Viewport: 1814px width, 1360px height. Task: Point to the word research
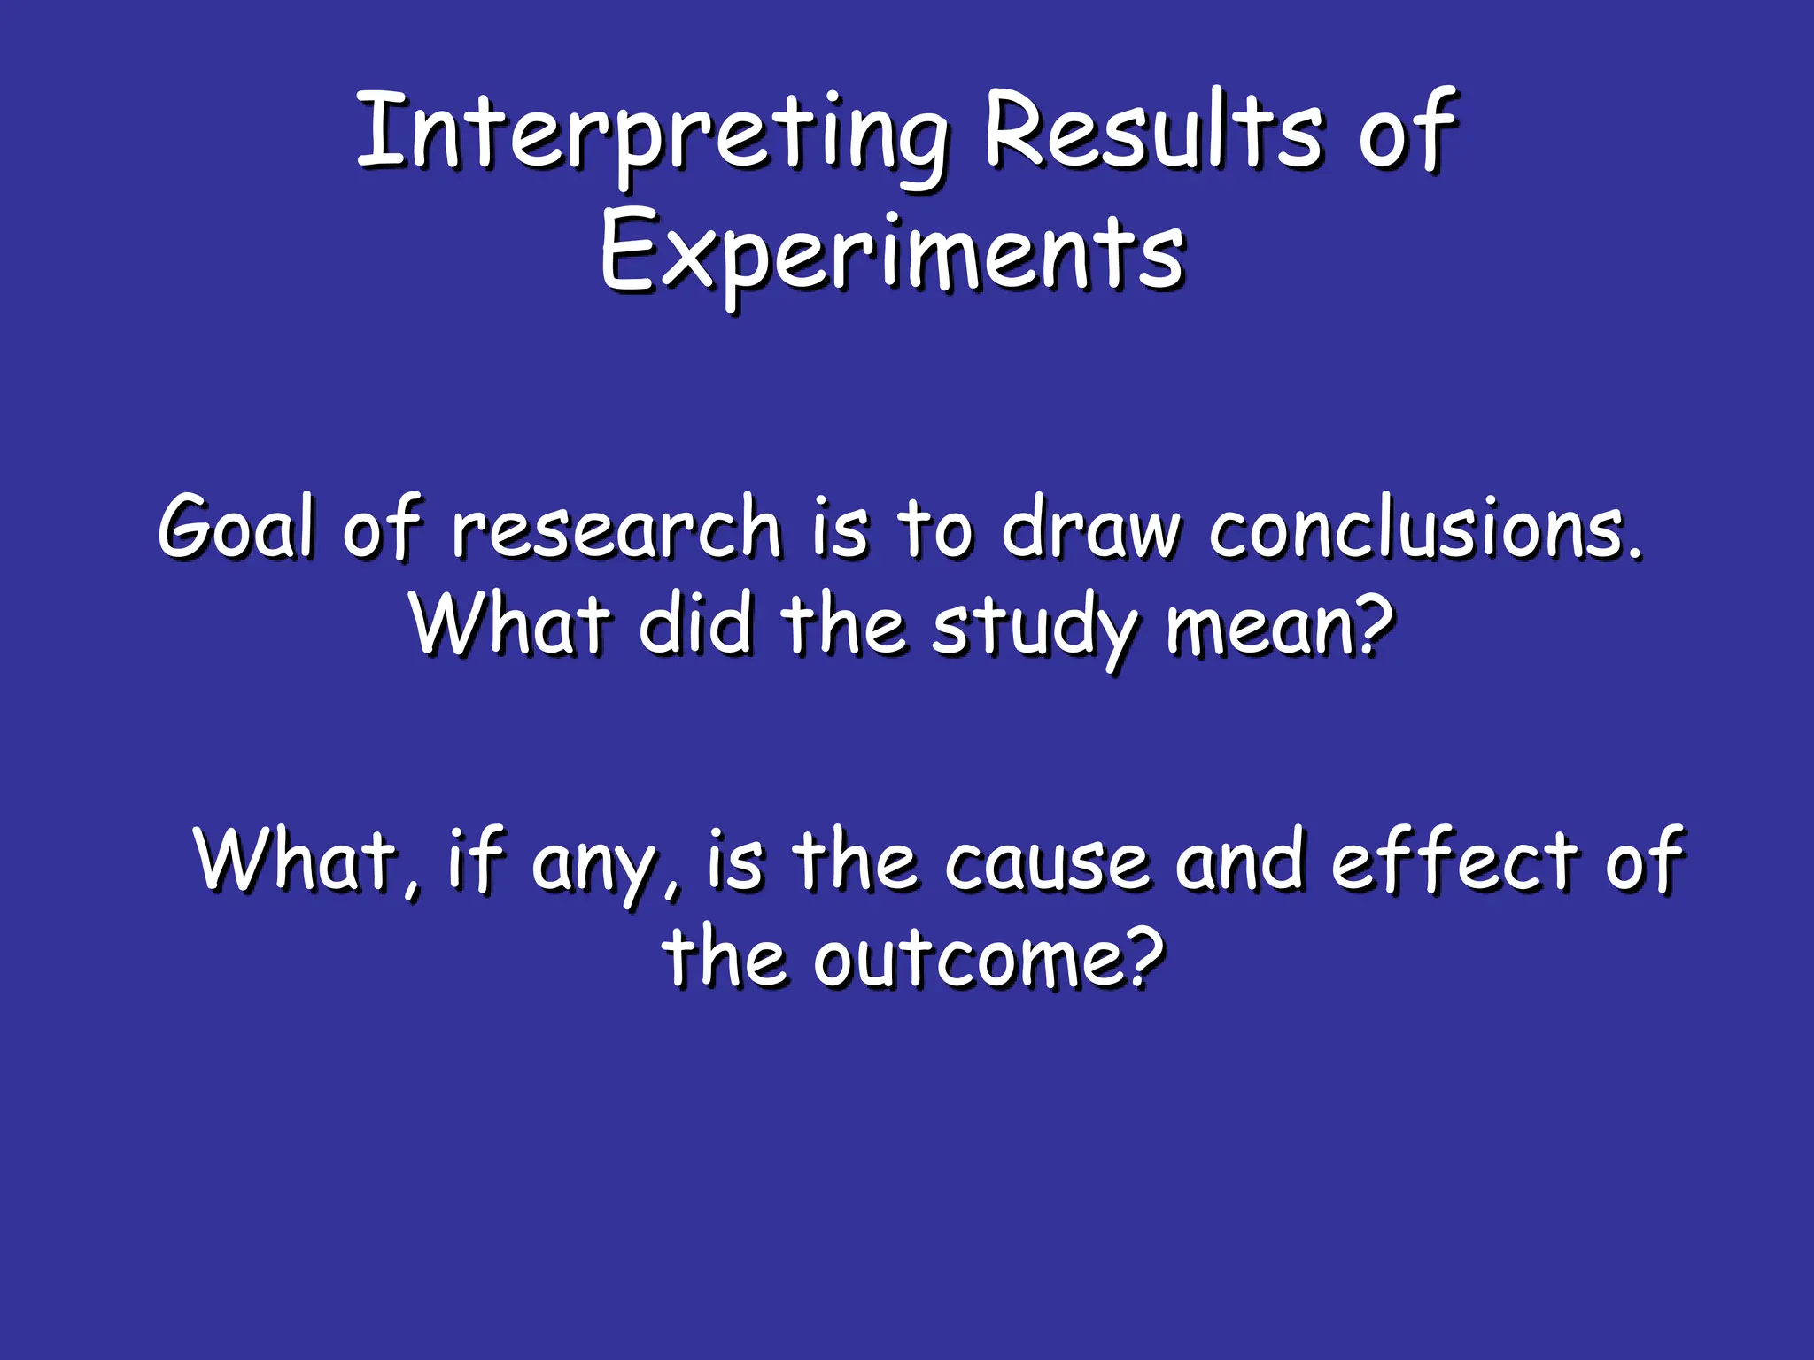(x=616, y=528)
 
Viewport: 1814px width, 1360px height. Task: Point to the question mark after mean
(x=1369, y=623)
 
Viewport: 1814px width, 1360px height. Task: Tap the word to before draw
(x=936, y=528)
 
